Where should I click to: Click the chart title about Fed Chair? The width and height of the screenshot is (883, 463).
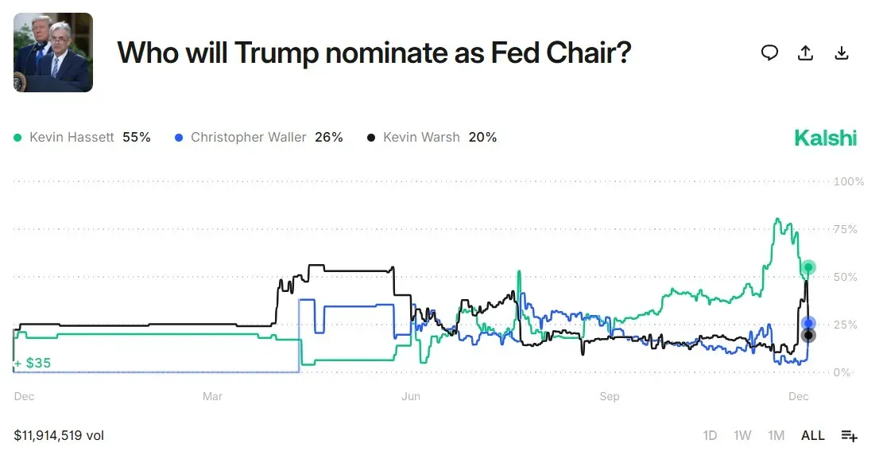(374, 53)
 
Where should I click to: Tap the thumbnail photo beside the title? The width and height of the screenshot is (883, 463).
(53, 53)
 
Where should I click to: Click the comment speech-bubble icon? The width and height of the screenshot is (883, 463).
(769, 53)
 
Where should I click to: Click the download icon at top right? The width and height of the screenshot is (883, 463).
(842, 53)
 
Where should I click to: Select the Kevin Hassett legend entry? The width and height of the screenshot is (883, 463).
(83, 137)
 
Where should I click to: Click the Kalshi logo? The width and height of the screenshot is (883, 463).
(826, 138)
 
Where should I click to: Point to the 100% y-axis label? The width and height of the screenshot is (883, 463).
(849, 181)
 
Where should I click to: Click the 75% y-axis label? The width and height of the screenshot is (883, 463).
(846, 229)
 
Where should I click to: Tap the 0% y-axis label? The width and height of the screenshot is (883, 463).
(842, 372)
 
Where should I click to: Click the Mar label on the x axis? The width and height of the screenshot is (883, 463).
(212, 396)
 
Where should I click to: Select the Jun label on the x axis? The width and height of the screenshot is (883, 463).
(410, 396)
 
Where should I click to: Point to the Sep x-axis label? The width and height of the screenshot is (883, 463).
(609, 396)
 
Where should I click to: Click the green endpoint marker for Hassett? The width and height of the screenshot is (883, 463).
(808, 267)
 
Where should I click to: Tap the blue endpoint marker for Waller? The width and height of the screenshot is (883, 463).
(808, 323)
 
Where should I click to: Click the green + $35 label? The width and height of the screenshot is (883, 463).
(33, 363)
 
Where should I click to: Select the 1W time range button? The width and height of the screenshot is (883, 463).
(742, 435)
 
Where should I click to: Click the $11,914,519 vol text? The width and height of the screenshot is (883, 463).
(59, 435)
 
